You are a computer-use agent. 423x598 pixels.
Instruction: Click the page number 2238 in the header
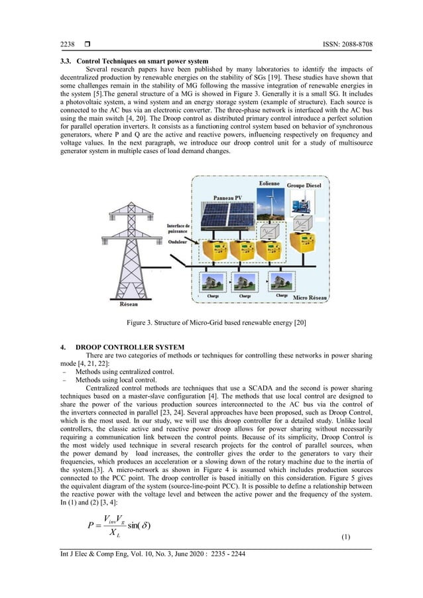[x=68, y=44]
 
